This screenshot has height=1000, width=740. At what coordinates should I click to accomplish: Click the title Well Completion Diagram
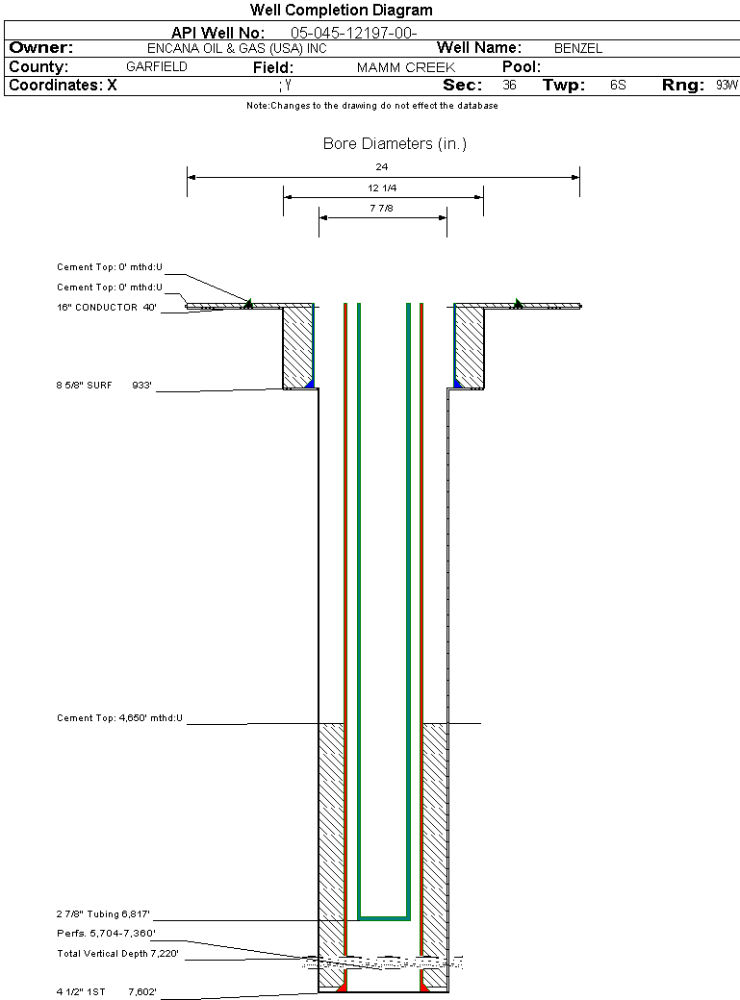[341, 11]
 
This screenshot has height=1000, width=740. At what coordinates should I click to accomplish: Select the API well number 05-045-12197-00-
[354, 33]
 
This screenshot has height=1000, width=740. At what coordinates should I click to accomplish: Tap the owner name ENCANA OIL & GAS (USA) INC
[237, 48]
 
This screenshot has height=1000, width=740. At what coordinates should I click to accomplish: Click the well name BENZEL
[577, 48]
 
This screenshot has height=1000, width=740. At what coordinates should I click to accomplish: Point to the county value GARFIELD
[157, 67]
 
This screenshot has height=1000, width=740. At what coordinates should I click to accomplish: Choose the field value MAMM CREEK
[406, 67]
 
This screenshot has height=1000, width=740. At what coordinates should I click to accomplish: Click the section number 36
[509, 86]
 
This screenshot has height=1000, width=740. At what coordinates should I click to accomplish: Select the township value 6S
[618, 86]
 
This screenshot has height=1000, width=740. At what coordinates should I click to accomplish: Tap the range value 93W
[727, 86]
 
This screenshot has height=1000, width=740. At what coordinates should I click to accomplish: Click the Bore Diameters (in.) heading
[395, 144]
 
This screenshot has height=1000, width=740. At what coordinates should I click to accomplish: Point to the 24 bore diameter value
[382, 167]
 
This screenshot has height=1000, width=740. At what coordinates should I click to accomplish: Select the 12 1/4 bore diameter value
[382, 188]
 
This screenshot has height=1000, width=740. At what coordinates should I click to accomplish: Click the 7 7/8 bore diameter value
[381, 209]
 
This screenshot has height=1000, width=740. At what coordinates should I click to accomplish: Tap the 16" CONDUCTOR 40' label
[107, 308]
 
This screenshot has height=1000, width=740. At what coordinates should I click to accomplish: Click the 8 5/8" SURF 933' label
[104, 386]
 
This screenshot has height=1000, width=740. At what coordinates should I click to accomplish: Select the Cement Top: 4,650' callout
[119, 718]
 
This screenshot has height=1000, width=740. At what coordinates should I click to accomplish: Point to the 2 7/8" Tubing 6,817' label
[103, 913]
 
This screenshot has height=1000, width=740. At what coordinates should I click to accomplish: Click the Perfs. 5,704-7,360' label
[106, 934]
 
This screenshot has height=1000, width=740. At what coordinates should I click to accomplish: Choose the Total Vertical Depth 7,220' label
[117, 954]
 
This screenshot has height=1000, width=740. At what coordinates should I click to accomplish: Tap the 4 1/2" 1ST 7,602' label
[106, 991]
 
